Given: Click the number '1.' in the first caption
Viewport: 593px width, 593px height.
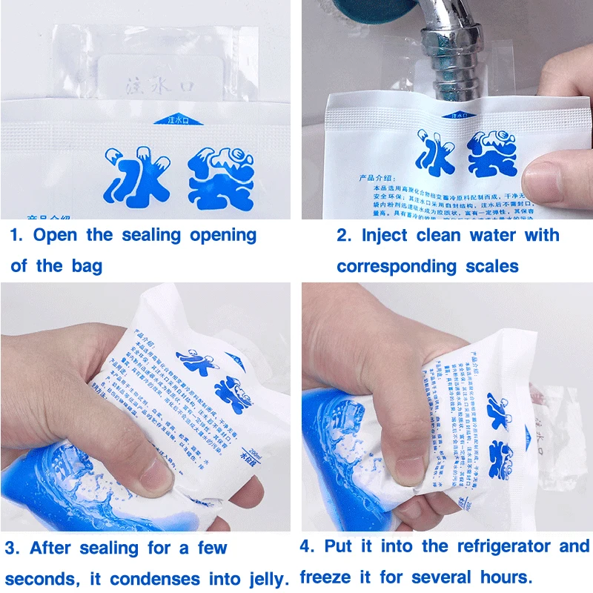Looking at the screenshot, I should [16, 236].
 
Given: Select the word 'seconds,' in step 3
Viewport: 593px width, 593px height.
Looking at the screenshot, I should [42, 579].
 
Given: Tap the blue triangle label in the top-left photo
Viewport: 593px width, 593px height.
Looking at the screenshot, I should [168, 119].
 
